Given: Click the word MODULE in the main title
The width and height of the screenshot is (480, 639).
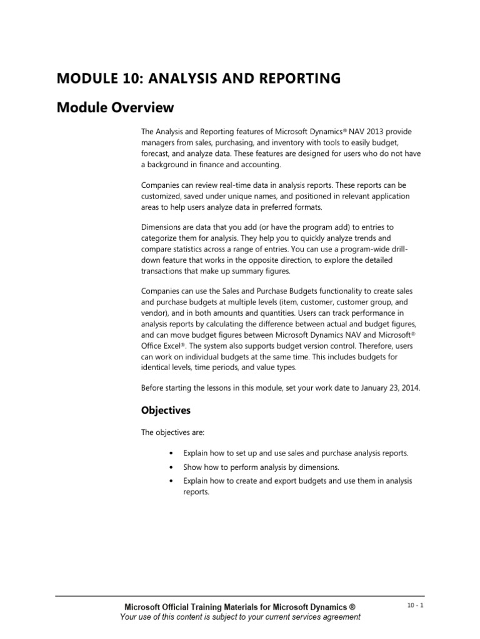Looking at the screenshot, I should pos(87,78).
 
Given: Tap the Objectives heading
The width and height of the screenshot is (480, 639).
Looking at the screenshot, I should pos(166,411).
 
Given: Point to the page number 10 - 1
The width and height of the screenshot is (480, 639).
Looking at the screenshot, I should pos(414,605).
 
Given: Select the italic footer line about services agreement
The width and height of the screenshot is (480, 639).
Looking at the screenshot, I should pos(240,617).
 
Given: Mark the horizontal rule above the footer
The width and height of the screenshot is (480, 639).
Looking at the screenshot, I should pos(240,595).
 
